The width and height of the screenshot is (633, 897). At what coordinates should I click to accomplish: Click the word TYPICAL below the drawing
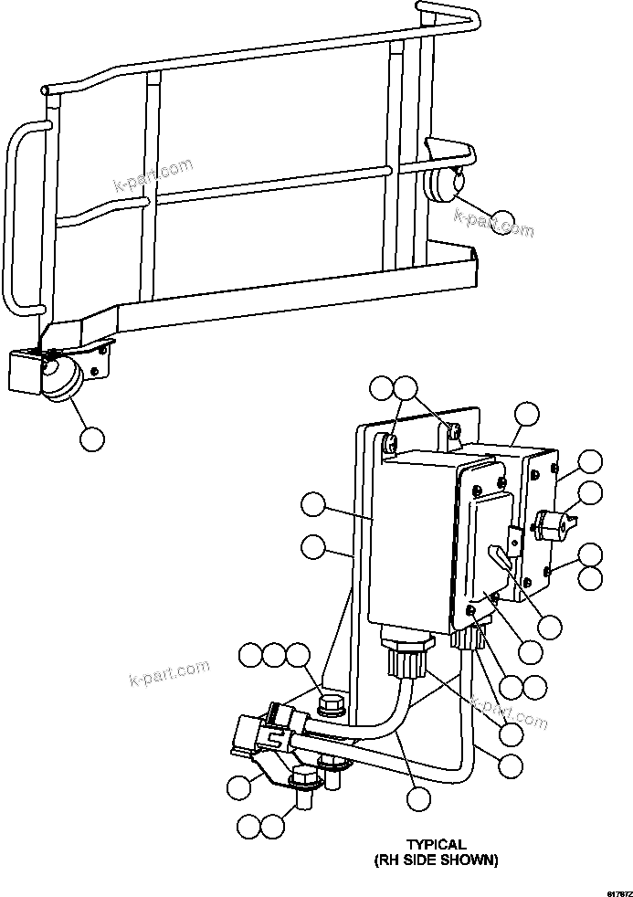(x=437, y=845)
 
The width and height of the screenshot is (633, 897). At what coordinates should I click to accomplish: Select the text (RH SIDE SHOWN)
(x=437, y=860)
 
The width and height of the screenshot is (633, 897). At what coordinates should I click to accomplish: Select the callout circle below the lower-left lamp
(x=91, y=438)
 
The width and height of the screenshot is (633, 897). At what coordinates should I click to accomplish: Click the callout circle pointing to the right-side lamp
(x=501, y=222)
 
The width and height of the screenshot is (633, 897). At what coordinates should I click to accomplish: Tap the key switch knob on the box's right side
(x=550, y=526)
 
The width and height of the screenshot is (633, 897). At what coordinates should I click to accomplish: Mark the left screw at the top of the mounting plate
(x=389, y=444)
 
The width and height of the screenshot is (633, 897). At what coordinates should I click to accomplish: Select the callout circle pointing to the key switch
(x=591, y=493)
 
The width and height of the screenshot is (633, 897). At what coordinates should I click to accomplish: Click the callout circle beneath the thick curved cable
(x=418, y=797)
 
